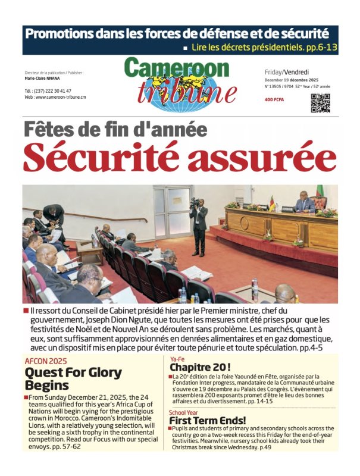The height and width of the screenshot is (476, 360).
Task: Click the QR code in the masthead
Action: click(320, 102)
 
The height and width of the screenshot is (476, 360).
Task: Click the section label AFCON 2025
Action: click(46, 361)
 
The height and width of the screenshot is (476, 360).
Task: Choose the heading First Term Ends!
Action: click(209, 420)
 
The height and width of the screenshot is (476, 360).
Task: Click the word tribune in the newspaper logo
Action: click(179, 92)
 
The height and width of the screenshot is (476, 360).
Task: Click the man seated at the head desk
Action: click(305, 204)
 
